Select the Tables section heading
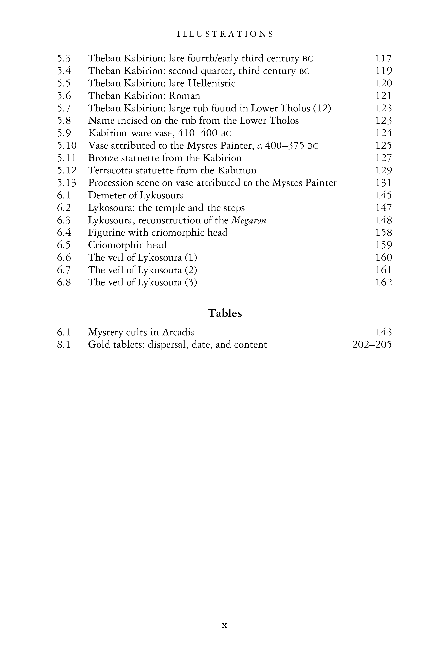224,313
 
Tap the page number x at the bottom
224,625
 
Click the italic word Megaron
249,220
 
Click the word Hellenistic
211,83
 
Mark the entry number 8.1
64,344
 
